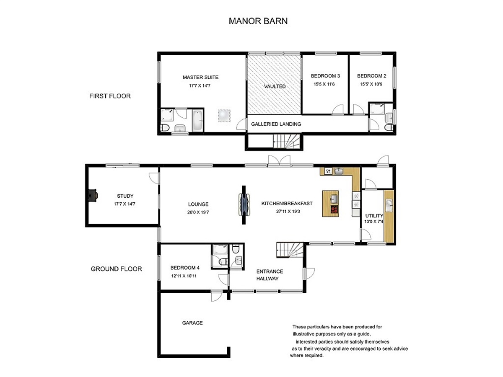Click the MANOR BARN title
tap(258, 21)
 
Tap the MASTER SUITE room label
tap(200, 77)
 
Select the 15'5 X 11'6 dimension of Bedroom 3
tap(324, 84)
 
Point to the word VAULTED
tap(275, 86)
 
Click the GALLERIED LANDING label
tap(276, 124)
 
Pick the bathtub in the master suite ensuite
tap(197, 120)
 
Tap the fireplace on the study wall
tap(93, 196)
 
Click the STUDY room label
tap(125, 196)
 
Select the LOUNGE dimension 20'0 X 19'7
tap(198, 212)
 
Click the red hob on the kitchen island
tap(334, 209)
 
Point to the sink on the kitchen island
tap(334, 199)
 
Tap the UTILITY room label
tap(374, 216)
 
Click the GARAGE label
tap(192, 323)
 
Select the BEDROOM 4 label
tap(185, 268)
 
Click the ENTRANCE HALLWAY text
tap(270, 275)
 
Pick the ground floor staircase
tap(290, 250)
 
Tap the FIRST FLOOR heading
tap(110, 96)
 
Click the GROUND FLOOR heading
tap(117, 269)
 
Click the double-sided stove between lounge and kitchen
tap(244, 205)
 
